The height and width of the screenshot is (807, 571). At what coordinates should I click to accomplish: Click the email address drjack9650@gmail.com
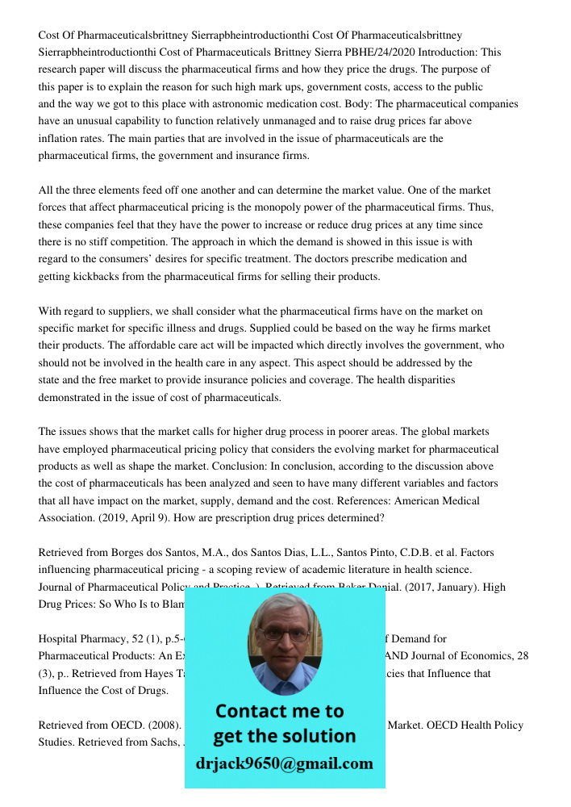point(285,763)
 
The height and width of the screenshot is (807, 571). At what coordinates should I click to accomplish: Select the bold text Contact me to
point(279,711)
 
